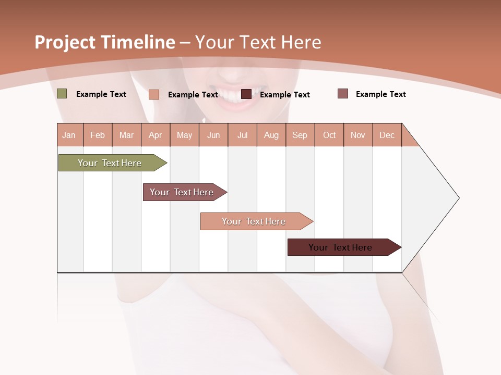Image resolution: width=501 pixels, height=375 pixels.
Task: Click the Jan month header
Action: click(69, 135)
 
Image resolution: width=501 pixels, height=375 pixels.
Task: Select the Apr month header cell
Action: click(156, 135)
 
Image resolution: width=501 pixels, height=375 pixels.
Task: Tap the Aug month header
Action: click(271, 135)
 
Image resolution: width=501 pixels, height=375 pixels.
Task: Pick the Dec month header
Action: click(387, 135)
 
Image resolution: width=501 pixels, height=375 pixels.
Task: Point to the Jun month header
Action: click(213, 135)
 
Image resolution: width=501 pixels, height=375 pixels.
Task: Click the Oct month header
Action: click(329, 135)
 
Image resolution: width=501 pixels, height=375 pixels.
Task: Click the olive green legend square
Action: click(62, 94)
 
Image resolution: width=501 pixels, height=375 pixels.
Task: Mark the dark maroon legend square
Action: click(246, 94)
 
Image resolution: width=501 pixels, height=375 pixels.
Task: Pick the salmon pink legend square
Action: click(154, 94)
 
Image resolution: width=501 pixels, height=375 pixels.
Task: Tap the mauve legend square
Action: click(343, 94)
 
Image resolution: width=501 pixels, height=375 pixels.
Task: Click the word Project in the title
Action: click(65, 42)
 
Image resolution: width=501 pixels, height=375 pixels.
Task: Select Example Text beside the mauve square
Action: click(380, 94)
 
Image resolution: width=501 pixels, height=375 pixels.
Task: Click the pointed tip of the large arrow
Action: click(458, 198)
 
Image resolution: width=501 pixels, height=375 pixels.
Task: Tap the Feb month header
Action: click(98, 135)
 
